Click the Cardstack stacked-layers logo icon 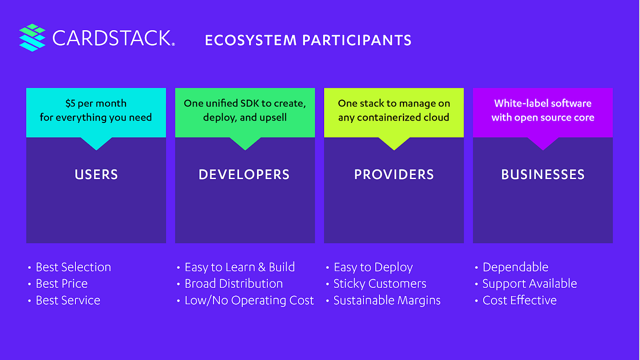tap(32, 37)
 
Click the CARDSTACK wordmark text tap(113, 38)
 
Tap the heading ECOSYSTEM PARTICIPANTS tap(308, 40)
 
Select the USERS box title tap(96, 175)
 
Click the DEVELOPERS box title tap(244, 175)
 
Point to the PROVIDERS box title tap(394, 175)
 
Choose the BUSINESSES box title tap(543, 175)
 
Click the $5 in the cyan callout tap(71, 104)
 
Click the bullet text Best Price tap(62, 284)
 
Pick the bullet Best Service tap(68, 301)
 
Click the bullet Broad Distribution tap(233, 284)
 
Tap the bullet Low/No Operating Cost tap(249, 301)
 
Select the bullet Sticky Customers tap(379, 284)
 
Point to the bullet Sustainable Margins tap(387, 301)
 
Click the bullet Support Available tap(529, 284)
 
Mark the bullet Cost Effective tap(519, 301)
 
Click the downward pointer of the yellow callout tap(394, 143)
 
